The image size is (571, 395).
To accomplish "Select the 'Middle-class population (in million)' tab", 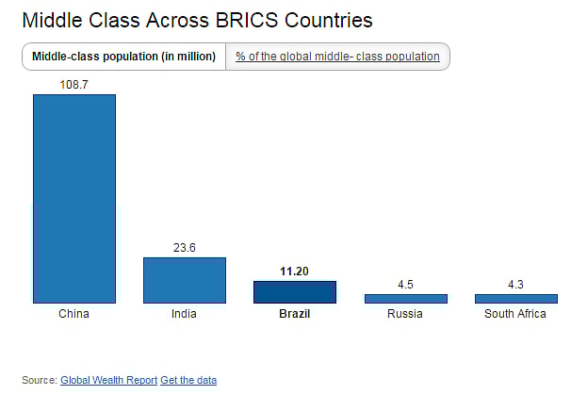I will point(123,57).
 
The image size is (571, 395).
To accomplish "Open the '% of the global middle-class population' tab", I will point(337,57).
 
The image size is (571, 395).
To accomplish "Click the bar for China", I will point(74,198).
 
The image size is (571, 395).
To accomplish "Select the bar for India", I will point(185,280).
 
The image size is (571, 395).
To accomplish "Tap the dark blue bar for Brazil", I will point(295,291).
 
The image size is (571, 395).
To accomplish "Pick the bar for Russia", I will point(405,298).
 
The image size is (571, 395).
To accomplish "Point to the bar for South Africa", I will point(515,298).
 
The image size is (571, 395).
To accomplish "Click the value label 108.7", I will point(74,85).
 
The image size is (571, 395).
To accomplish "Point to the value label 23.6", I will point(185,248).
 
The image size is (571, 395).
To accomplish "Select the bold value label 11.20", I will point(295,272).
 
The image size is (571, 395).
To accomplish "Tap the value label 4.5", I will point(405,284).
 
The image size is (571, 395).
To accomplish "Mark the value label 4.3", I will point(515,284).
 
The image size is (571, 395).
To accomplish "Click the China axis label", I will point(73,314).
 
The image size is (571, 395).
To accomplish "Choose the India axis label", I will point(185,314).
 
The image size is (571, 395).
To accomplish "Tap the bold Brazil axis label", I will point(294,314).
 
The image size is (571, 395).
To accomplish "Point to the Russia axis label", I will point(405,314).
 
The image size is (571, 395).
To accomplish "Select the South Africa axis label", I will point(515,314).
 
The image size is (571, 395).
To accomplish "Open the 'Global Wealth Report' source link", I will point(108,380).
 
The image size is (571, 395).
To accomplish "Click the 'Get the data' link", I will point(188,380).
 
